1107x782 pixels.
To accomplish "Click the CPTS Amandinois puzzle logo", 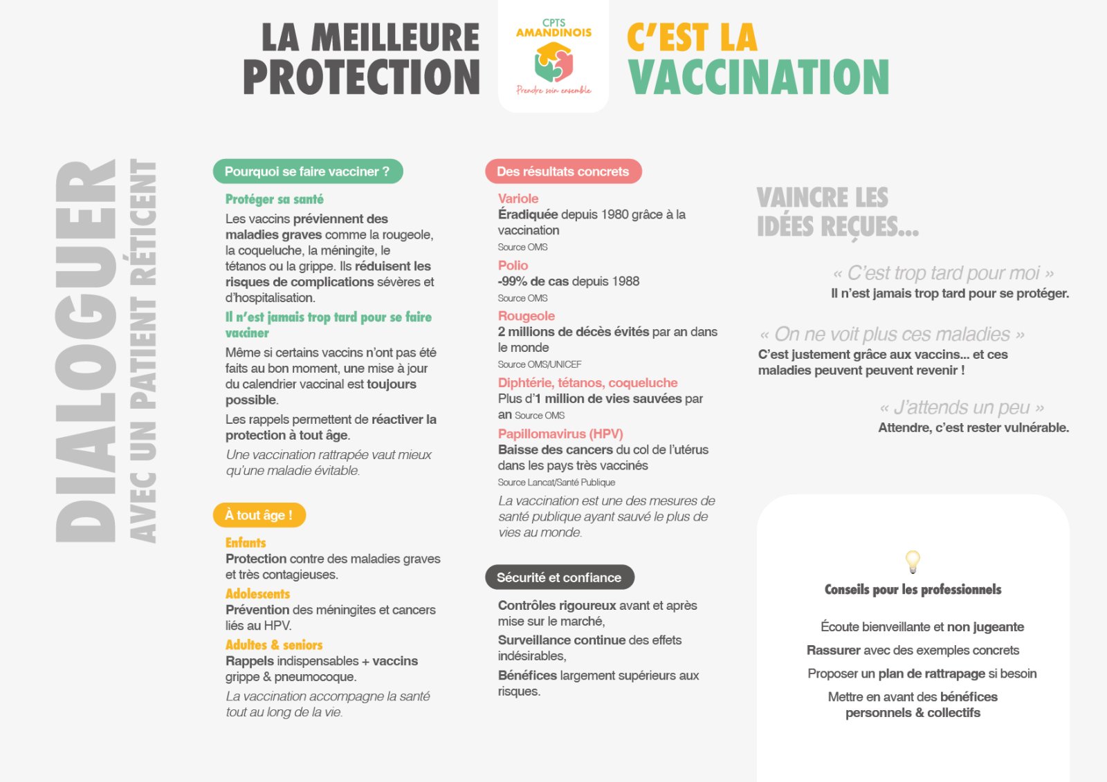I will tap(553, 62).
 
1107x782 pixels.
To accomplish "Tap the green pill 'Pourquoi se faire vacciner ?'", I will tap(307, 171).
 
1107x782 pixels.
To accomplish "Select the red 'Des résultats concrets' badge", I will tap(562, 171).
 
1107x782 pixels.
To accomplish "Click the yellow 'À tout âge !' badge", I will tap(258, 515).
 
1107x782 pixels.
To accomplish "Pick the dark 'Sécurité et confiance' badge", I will tap(559, 577).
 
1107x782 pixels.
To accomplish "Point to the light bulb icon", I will tap(913, 561).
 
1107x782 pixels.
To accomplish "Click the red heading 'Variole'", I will tap(518, 198).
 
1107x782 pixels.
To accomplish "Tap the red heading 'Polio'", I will tap(513, 266).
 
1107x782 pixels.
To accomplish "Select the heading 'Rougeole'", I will tap(527, 316).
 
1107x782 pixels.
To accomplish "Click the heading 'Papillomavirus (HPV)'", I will tap(560, 434).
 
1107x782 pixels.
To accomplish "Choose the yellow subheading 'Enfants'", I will tap(246, 543).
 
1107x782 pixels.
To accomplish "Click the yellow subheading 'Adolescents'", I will tap(257, 594).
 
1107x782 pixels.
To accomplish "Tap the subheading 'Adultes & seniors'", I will tap(274, 645).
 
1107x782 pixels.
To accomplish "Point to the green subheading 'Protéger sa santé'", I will tap(274, 199).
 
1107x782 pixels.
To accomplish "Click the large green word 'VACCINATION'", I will tap(758, 77).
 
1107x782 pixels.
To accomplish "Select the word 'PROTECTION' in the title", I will tap(361, 77).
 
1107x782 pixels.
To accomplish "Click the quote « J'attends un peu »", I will tap(962, 407).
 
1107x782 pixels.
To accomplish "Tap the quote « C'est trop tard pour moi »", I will tap(944, 273).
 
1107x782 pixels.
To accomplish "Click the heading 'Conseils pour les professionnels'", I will tap(913, 590).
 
